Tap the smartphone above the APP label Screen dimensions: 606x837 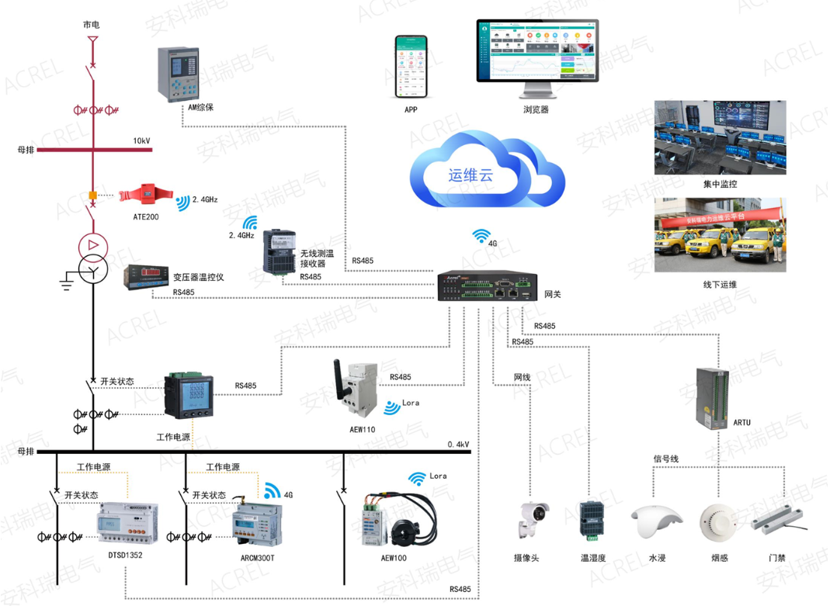[x=411, y=67]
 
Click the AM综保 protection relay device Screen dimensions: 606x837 [x=178, y=75]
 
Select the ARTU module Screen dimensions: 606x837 [x=711, y=395]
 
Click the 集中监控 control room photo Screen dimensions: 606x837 [x=720, y=137]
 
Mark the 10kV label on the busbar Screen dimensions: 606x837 [x=141, y=141]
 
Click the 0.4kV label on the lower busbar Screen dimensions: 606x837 [x=458, y=445]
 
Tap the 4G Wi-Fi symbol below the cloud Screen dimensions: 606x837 [x=481, y=235]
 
